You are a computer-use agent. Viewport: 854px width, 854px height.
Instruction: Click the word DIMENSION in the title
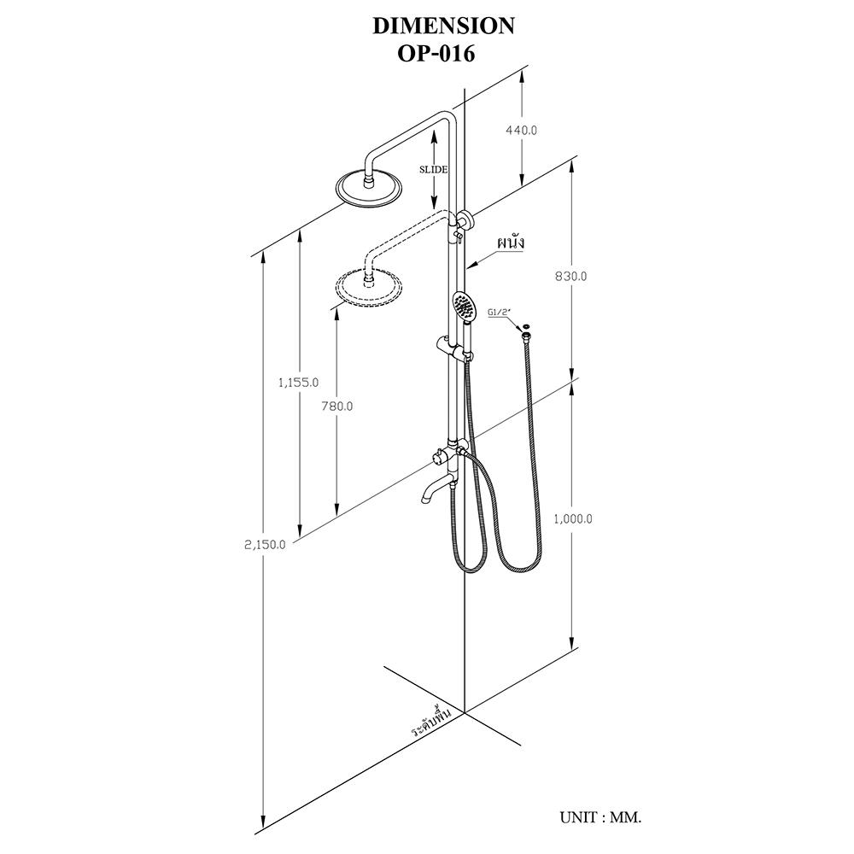coord(443,26)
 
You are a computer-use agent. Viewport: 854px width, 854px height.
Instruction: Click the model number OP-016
coord(436,54)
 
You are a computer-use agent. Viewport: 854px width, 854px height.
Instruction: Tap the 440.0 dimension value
coord(521,131)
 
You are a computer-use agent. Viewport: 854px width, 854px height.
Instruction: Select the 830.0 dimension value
coord(570,276)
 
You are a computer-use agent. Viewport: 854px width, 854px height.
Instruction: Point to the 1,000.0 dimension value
coord(573,519)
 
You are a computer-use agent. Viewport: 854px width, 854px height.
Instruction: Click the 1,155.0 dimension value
coord(298,383)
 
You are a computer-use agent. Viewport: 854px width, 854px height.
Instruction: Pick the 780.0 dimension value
coord(336,407)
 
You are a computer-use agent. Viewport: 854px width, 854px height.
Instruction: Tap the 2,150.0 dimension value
coord(266,545)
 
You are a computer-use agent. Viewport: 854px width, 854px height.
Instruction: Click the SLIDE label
coord(434,169)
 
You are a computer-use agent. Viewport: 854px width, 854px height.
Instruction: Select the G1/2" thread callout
coord(498,313)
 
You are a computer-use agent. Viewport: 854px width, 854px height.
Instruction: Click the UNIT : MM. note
coord(600,817)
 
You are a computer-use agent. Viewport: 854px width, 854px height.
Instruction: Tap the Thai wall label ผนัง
coord(509,243)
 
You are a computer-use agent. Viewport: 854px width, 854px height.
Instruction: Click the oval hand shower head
coord(463,306)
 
